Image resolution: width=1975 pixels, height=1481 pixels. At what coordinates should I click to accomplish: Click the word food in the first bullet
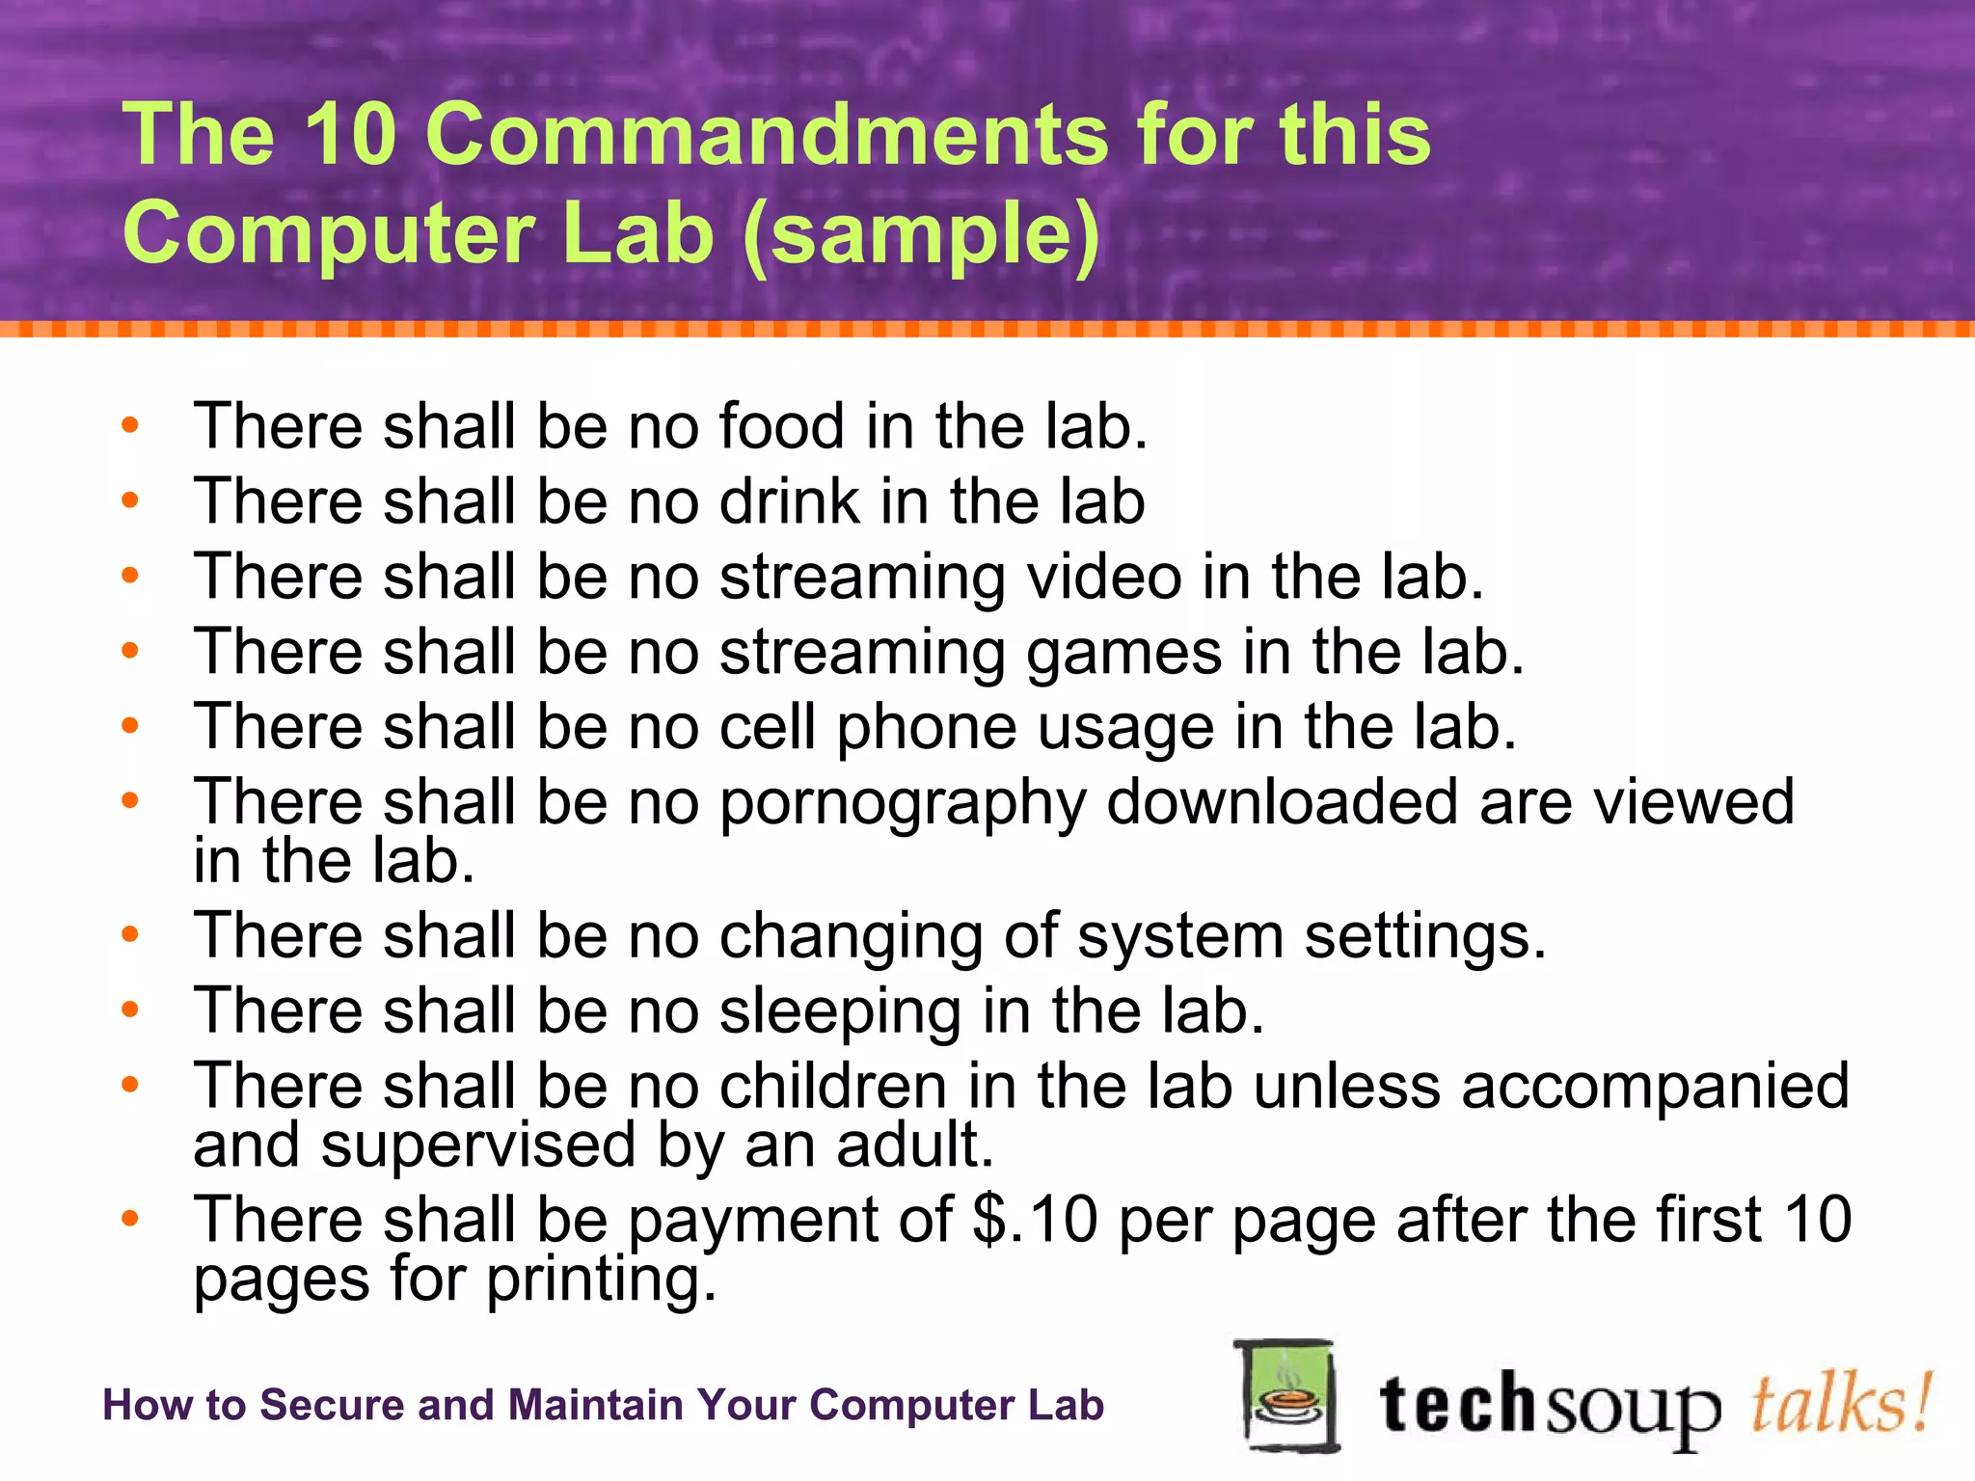click(781, 426)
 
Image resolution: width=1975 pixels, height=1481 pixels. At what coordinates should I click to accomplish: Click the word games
click(1123, 654)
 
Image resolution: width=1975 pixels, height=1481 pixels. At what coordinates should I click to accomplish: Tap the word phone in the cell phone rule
click(926, 729)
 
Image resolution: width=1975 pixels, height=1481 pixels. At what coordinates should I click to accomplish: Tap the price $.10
click(1035, 1219)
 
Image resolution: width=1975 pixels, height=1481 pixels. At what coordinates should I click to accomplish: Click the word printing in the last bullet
click(601, 1280)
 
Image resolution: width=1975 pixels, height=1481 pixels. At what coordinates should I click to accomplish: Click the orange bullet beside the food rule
click(130, 425)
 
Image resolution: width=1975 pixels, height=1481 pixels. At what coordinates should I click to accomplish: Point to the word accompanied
click(1655, 1086)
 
